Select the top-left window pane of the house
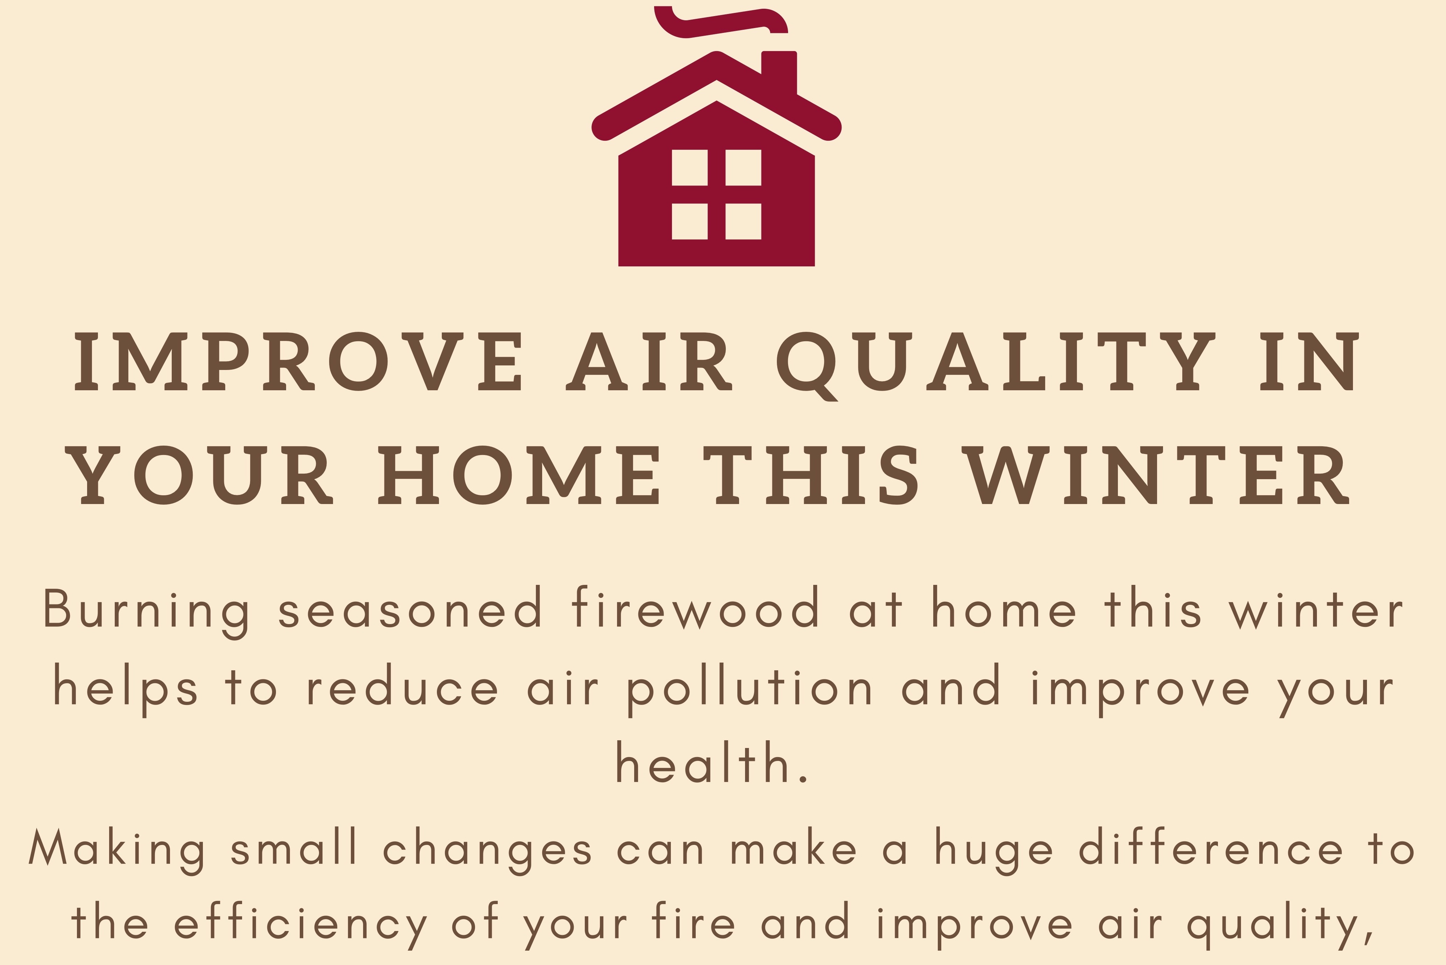pyautogui.click(x=689, y=167)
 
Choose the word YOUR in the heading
pyautogui.click(x=199, y=475)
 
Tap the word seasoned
pyautogui.click(x=410, y=608)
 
